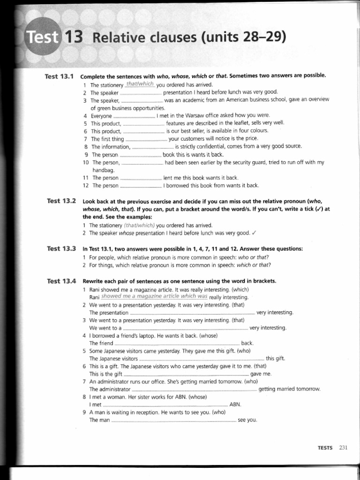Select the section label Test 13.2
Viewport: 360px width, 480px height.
click(x=61, y=201)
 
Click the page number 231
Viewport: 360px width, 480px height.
click(x=343, y=448)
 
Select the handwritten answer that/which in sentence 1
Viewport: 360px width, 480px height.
click(x=140, y=84)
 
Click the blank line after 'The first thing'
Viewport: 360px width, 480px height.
click(x=146, y=139)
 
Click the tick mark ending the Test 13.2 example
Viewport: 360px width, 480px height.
click(x=253, y=233)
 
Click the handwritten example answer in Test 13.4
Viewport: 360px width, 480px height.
click(x=154, y=297)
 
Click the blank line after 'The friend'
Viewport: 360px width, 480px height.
click(x=177, y=344)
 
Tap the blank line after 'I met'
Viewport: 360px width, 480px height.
click(x=165, y=405)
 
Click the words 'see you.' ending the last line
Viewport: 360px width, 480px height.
click(x=247, y=420)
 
